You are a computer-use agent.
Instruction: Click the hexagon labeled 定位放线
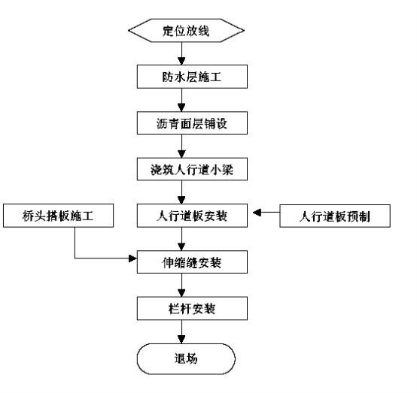click(186, 30)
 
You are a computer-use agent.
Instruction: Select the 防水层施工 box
click(192, 77)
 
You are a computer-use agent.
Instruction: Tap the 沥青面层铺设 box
click(192, 123)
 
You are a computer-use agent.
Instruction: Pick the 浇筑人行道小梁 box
click(192, 169)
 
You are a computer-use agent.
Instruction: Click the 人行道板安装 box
click(192, 216)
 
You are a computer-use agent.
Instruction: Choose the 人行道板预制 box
click(335, 216)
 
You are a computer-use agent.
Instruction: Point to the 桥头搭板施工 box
click(58, 216)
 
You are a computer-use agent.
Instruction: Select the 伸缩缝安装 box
click(192, 262)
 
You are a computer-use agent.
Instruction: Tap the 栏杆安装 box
click(192, 308)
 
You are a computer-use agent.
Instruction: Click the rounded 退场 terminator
click(186, 358)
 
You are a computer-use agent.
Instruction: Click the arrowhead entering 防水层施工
click(181, 61)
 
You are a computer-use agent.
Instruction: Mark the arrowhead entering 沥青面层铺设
click(181, 107)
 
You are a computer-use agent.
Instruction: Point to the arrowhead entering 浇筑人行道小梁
click(181, 154)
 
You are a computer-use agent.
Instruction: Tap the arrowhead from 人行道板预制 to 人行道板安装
click(257, 213)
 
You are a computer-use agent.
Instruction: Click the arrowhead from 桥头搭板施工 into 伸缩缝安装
click(132, 258)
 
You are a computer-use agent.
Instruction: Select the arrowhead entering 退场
click(181, 340)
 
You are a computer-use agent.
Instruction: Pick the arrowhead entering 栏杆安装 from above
click(181, 293)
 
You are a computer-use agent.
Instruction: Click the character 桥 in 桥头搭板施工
click(28, 216)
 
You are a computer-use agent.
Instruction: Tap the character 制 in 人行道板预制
click(364, 216)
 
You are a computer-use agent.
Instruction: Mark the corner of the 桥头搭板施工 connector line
click(75, 258)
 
